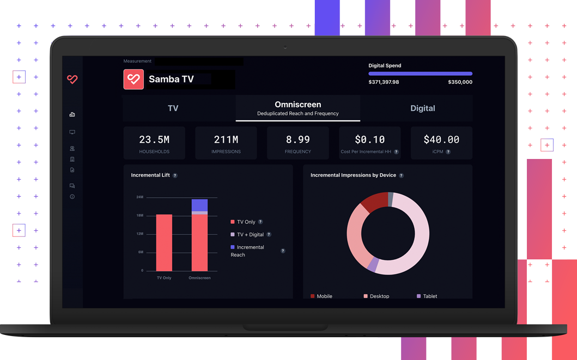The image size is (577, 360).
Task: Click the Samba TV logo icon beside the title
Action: click(133, 80)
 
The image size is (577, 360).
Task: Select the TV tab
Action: click(173, 108)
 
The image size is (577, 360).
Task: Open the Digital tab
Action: click(422, 108)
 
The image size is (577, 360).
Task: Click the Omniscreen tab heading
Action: click(297, 105)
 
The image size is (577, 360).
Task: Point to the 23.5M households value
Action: click(154, 140)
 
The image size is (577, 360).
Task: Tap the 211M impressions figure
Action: click(226, 140)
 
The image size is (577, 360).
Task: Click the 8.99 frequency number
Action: click(297, 140)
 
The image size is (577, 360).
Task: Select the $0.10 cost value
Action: click(369, 140)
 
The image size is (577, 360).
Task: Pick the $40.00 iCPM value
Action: click(441, 140)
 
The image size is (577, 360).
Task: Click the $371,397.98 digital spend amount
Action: click(384, 82)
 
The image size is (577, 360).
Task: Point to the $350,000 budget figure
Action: click(460, 82)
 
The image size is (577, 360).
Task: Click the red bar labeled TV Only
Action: click(164, 242)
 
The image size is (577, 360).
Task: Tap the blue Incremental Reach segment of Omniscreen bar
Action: click(199, 205)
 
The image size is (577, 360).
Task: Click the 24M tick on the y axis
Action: click(139, 197)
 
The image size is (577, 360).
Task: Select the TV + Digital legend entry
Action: click(250, 235)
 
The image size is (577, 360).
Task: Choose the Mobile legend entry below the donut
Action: click(324, 296)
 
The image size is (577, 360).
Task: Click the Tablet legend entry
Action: click(429, 296)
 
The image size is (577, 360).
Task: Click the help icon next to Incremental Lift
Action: click(175, 175)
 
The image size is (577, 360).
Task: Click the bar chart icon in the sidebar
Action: click(72, 114)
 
